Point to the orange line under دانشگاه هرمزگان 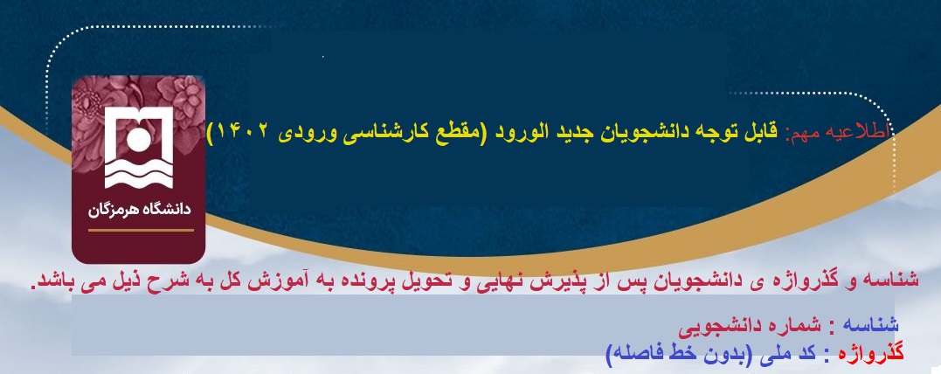click(141, 230)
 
